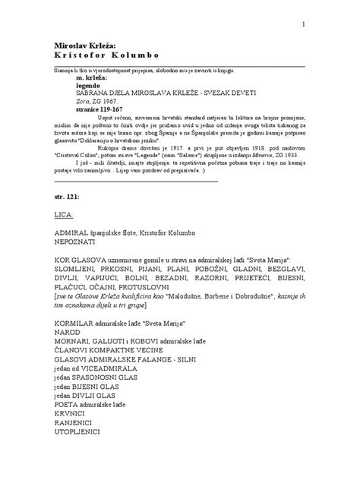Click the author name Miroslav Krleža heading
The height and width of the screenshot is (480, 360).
[x=83, y=44]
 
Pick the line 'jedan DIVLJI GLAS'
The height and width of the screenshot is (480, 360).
[x=86, y=395]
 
